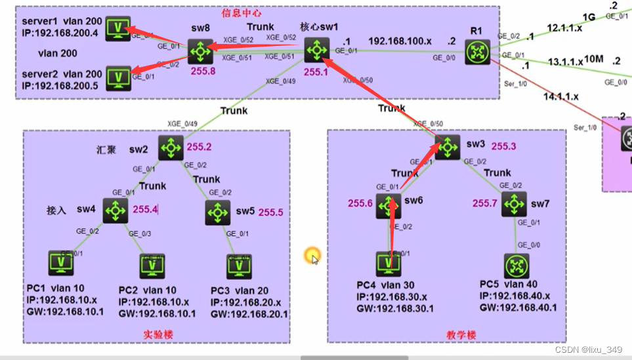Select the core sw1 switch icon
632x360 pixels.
point(318,50)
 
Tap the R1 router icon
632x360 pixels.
point(477,52)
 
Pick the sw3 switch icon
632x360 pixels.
point(448,147)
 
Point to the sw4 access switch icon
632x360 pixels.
point(116,211)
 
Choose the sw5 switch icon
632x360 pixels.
point(217,212)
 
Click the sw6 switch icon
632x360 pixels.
point(389,206)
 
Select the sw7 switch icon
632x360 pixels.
point(514,205)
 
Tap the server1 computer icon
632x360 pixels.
point(118,29)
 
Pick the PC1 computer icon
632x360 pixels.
point(61,264)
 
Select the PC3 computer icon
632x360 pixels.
point(239,266)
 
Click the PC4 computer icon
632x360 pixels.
point(389,264)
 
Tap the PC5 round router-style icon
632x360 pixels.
point(516,266)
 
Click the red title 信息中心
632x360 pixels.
point(242,12)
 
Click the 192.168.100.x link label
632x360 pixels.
point(399,41)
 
